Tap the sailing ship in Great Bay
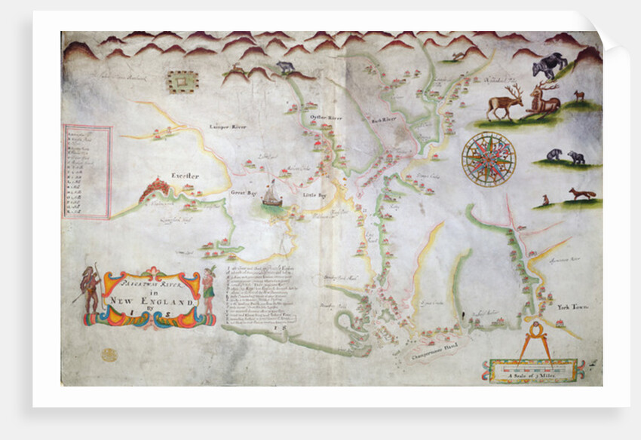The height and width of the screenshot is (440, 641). [x=271, y=197]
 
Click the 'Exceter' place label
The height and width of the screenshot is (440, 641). [x=184, y=176]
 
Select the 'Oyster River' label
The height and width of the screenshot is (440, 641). [x=326, y=118]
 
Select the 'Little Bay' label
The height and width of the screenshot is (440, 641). [x=313, y=195]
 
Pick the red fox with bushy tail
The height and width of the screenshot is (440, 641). [x=581, y=194]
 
